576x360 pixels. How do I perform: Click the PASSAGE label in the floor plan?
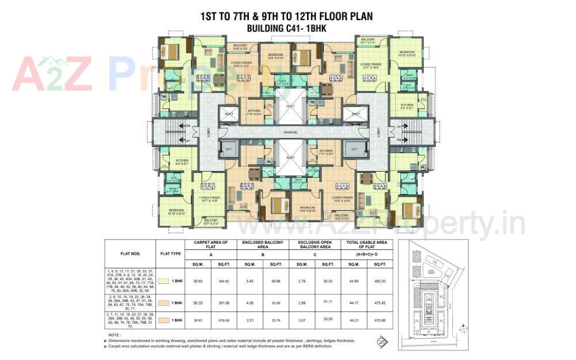(290, 132)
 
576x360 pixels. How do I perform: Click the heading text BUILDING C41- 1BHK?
(286, 28)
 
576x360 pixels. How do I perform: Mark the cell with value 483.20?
(380, 281)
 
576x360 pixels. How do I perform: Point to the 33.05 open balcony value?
(328, 319)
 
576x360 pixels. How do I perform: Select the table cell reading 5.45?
(250, 281)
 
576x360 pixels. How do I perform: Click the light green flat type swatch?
(164, 281)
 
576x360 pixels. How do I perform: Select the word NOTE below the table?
(114, 335)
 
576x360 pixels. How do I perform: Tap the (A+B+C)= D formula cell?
(367, 253)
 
